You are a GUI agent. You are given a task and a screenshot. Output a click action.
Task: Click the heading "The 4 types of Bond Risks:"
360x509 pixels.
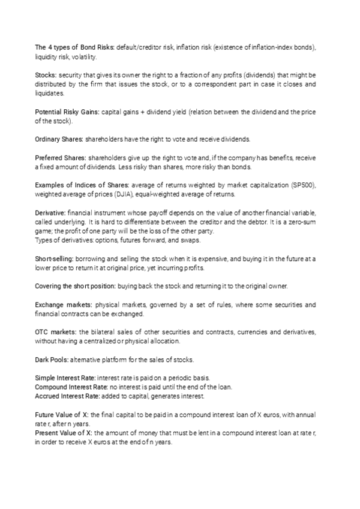(x=74, y=47)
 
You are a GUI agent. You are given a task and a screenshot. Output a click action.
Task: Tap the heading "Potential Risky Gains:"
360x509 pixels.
(x=67, y=112)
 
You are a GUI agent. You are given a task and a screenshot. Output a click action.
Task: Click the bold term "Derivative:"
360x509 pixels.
(x=50, y=213)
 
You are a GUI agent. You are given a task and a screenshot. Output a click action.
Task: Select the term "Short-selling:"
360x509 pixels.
(x=56, y=258)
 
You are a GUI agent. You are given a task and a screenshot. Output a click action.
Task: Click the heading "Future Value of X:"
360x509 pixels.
(x=63, y=415)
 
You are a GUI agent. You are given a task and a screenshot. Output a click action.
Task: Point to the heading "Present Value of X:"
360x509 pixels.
(x=65, y=433)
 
